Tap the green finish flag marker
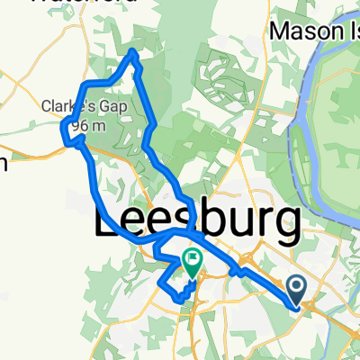[x=193, y=262]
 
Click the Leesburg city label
[x=197, y=220]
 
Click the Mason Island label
[x=315, y=31]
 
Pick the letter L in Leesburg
[x=109, y=220]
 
